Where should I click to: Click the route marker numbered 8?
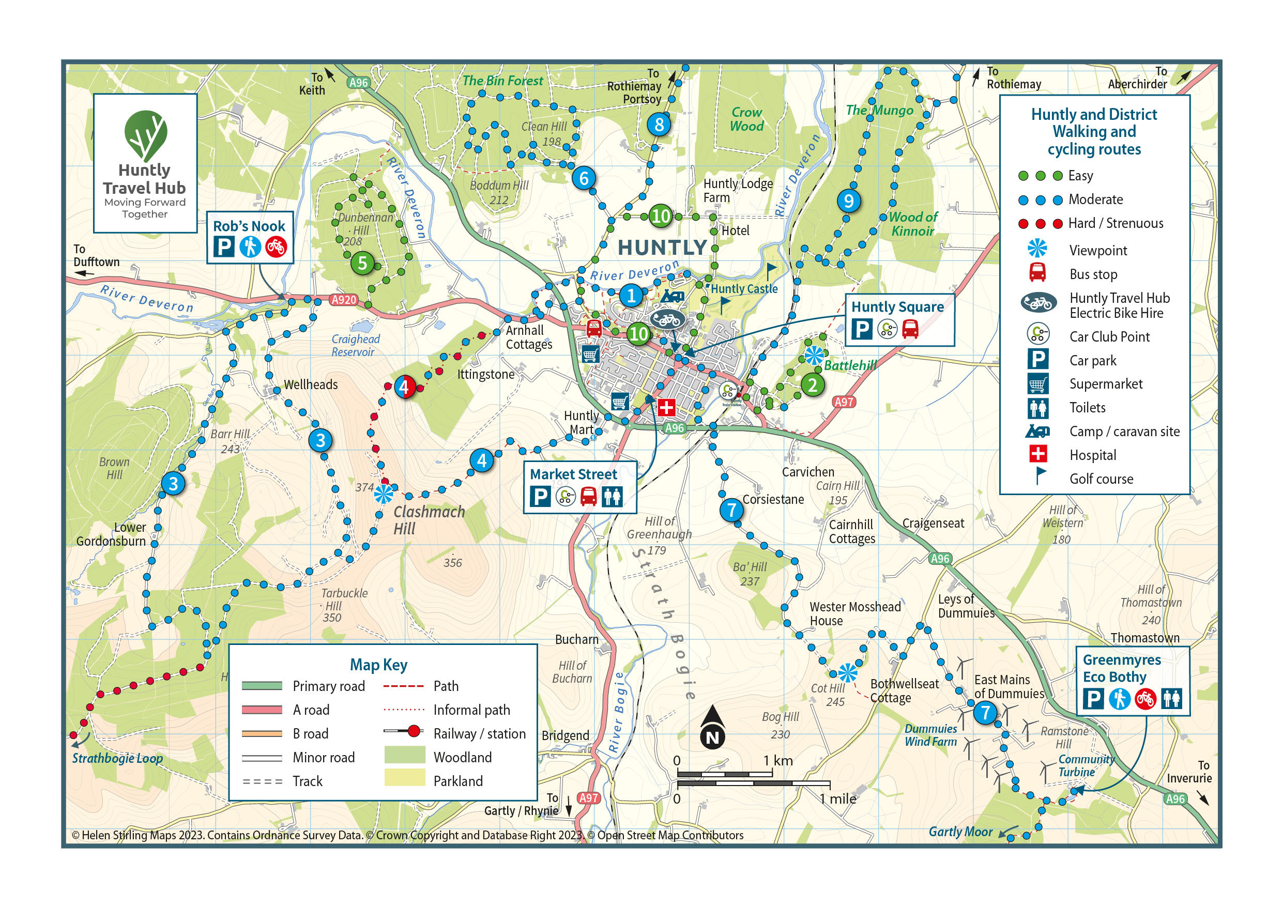click(x=659, y=124)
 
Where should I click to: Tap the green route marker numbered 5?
click(x=362, y=263)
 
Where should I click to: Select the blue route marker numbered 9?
click(x=849, y=201)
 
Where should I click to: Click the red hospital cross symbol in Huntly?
click(x=665, y=407)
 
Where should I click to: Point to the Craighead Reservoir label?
click(x=356, y=345)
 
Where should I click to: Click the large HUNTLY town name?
click(x=662, y=247)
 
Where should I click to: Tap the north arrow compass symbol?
click(x=712, y=727)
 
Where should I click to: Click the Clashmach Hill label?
click(x=429, y=520)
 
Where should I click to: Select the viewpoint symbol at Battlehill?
click(x=814, y=355)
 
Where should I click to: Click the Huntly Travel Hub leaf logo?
click(x=145, y=134)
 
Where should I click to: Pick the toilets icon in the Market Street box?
click(x=612, y=496)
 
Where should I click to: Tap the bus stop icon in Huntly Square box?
click(x=910, y=329)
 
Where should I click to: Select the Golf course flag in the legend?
click(x=1039, y=476)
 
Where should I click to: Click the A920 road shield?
click(x=344, y=300)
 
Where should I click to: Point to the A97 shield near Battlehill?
click(x=843, y=401)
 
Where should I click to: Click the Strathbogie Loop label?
click(x=117, y=758)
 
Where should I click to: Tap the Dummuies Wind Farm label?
click(x=930, y=735)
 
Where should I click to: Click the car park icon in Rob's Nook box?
click(x=223, y=247)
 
